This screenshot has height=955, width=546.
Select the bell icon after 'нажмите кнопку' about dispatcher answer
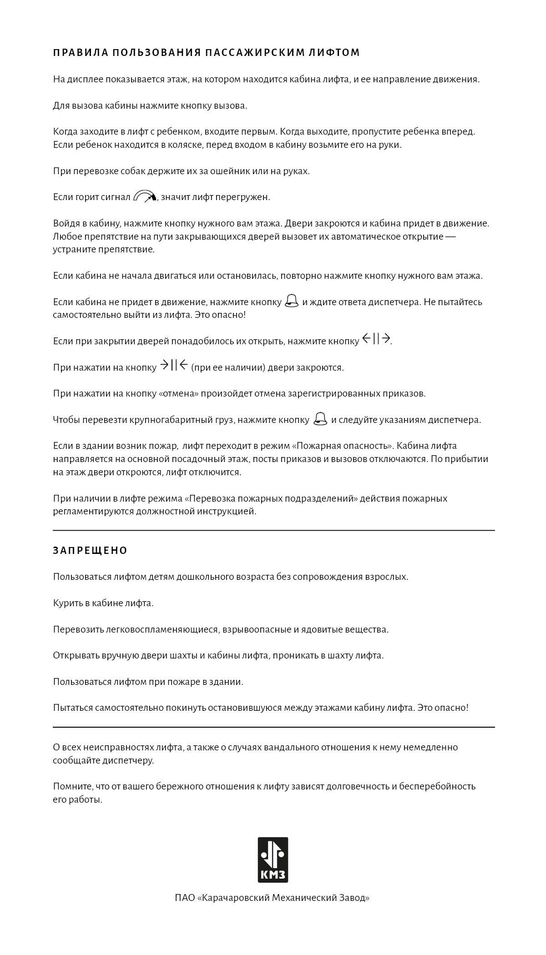click(x=292, y=301)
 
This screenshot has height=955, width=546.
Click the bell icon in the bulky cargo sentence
click(x=320, y=419)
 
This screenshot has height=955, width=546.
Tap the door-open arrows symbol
click(x=376, y=339)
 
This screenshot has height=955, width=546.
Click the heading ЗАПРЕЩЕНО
click(x=90, y=551)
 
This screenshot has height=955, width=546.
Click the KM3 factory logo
click(x=273, y=859)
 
